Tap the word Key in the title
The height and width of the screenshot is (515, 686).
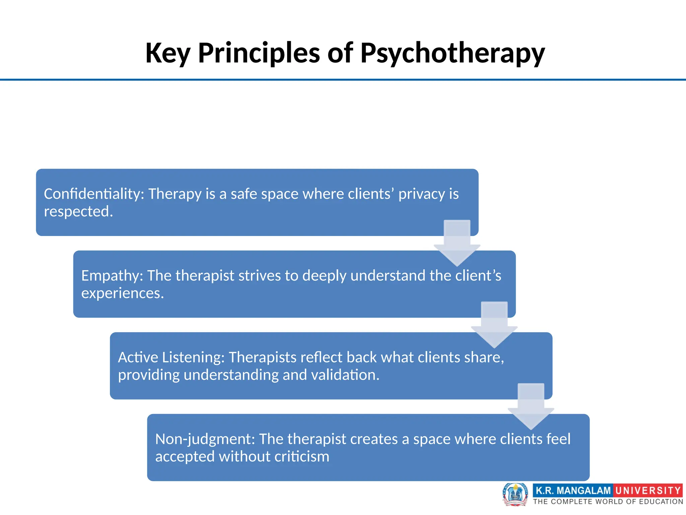(x=168, y=54)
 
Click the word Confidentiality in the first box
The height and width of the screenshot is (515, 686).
(x=94, y=194)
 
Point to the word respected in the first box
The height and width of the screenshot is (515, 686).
(x=78, y=212)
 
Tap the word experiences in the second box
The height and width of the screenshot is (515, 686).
(x=122, y=293)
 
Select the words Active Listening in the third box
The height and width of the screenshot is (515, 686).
(x=171, y=357)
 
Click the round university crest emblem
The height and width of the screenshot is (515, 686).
(x=515, y=494)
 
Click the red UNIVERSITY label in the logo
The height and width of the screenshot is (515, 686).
(x=647, y=491)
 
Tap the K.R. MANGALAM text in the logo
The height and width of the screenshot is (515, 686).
(x=573, y=491)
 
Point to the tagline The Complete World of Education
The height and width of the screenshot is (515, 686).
(x=608, y=502)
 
